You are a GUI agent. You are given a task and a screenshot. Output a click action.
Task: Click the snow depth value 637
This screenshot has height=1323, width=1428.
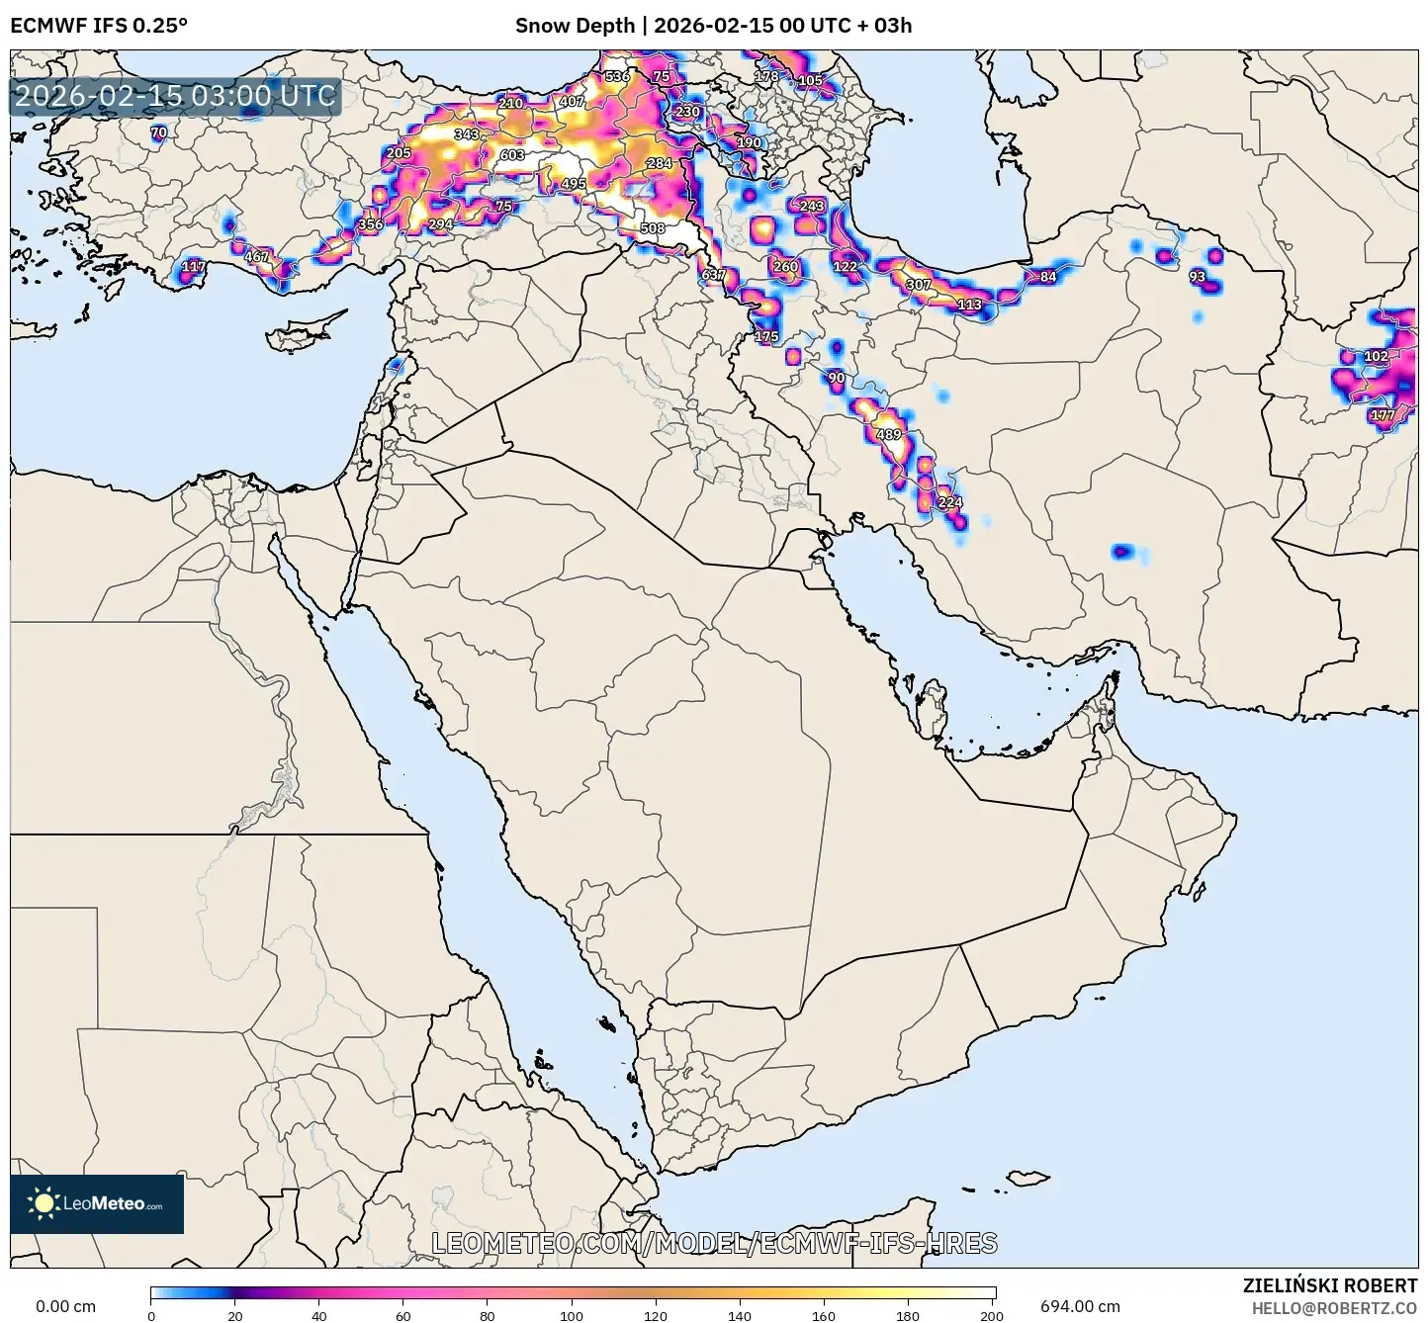(713, 275)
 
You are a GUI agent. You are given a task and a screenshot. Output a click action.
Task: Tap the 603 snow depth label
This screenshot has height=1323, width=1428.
(512, 155)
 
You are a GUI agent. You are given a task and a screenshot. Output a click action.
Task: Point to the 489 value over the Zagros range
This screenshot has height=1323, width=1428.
(889, 435)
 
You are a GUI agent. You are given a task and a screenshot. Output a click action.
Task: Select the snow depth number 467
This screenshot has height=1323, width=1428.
(256, 257)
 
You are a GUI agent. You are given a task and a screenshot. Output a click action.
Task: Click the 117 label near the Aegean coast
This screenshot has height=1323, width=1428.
(194, 266)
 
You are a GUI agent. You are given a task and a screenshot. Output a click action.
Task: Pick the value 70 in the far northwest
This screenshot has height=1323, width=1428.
(158, 132)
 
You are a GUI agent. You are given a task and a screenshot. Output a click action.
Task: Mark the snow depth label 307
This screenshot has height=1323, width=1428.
(919, 285)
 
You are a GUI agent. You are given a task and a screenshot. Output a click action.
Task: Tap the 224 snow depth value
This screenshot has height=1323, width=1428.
(949, 502)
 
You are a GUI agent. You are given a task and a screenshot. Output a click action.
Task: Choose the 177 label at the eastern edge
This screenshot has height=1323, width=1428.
(1383, 415)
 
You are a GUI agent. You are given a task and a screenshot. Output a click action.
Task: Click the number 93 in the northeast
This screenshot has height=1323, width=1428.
(1198, 277)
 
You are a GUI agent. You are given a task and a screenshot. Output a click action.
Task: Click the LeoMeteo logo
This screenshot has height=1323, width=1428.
(97, 1203)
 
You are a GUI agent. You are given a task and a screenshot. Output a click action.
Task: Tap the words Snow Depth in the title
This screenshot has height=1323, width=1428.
(575, 26)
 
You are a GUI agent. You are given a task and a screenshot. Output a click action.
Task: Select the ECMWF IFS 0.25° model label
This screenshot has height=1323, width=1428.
(99, 26)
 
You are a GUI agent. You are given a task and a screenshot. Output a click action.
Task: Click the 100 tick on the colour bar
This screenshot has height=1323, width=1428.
(572, 1315)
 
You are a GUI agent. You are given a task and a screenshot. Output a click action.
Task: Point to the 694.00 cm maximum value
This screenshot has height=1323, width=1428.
(1080, 1306)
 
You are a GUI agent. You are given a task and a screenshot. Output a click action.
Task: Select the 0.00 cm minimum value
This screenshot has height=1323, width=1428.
(66, 1306)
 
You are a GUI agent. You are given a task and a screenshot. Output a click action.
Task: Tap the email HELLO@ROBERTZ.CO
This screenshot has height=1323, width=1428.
(1334, 1307)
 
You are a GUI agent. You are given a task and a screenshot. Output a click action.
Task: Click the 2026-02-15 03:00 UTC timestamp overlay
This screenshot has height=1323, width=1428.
(175, 97)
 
